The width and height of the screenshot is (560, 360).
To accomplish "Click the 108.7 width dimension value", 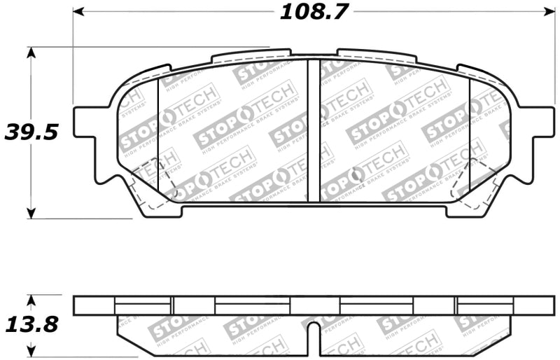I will point(314,12).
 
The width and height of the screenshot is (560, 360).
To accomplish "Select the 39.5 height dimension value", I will point(30,131).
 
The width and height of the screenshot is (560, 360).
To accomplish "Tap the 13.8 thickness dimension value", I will point(30,324).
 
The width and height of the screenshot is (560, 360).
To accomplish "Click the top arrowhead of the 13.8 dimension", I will point(31,300).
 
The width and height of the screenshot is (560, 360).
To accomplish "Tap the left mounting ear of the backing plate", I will point(87,123).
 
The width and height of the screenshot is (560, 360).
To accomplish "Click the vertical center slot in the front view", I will point(314,130).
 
